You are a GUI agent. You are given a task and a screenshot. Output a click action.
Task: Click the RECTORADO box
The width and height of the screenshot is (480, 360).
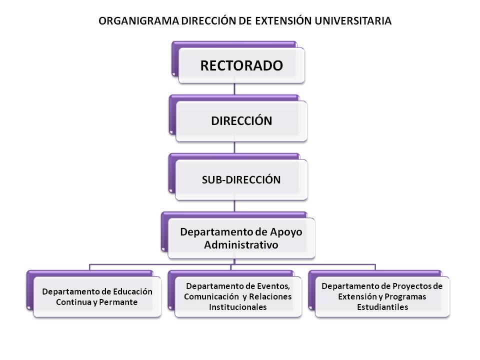[238, 62]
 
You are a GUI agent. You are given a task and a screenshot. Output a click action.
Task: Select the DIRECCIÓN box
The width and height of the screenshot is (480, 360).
[238, 118]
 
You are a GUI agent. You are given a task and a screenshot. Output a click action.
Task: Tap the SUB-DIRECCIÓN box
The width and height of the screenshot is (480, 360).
[238, 177]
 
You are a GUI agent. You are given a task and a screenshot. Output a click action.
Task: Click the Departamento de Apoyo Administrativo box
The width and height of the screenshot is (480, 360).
[238, 235]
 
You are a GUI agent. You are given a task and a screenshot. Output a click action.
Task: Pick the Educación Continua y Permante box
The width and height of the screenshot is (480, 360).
[94, 294]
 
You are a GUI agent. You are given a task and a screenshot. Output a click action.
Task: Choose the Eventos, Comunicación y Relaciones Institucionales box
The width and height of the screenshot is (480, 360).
[235, 294]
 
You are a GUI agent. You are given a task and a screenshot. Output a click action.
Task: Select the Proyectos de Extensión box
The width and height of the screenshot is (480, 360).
[379, 294]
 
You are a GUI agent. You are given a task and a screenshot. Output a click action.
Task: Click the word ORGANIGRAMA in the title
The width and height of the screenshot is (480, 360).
[139, 21]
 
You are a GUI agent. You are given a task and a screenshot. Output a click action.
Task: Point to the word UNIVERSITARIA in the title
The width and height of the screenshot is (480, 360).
[353, 21]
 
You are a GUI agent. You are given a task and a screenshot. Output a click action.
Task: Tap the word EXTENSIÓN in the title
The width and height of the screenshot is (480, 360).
[283, 21]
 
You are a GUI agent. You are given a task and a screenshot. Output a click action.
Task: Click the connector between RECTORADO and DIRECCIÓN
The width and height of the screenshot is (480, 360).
[234, 89]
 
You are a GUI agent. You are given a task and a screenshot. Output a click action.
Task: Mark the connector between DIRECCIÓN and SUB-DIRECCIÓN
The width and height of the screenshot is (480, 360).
[234, 147]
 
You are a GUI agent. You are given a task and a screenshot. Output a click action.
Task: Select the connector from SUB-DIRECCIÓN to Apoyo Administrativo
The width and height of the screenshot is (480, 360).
[234, 206]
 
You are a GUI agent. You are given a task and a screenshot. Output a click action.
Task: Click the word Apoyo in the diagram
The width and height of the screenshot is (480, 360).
[286, 232]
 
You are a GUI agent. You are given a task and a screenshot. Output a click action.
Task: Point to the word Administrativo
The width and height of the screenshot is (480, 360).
[241, 245]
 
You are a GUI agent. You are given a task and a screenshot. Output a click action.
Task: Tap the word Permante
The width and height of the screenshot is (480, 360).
[118, 302]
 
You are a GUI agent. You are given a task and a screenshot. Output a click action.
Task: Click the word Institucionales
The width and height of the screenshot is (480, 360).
[238, 307]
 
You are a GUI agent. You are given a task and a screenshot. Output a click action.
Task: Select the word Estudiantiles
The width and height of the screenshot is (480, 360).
[382, 307]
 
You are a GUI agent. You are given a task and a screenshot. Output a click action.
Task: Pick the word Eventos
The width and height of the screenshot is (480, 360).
[273, 286]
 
